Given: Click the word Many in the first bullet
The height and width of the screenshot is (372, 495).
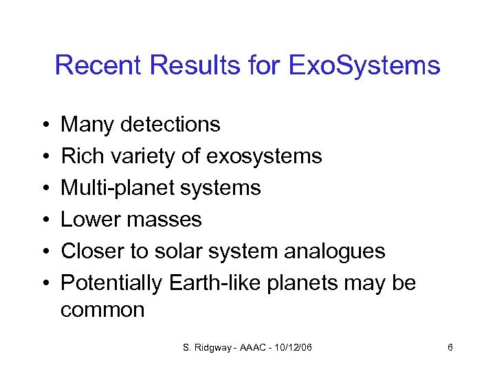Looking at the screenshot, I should [x=87, y=125].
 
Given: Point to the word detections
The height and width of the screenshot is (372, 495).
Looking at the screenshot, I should [x=170, y=125].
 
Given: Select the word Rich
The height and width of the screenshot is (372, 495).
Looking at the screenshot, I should [x=78, y=156].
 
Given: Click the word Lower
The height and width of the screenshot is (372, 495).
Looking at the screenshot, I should [x=87, y=220].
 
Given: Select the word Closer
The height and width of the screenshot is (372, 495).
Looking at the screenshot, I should [x=89, y=251].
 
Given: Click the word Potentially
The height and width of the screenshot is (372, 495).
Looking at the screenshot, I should [x=111, y=283].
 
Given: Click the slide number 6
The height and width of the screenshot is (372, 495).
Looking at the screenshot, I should [x=450, y=348].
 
